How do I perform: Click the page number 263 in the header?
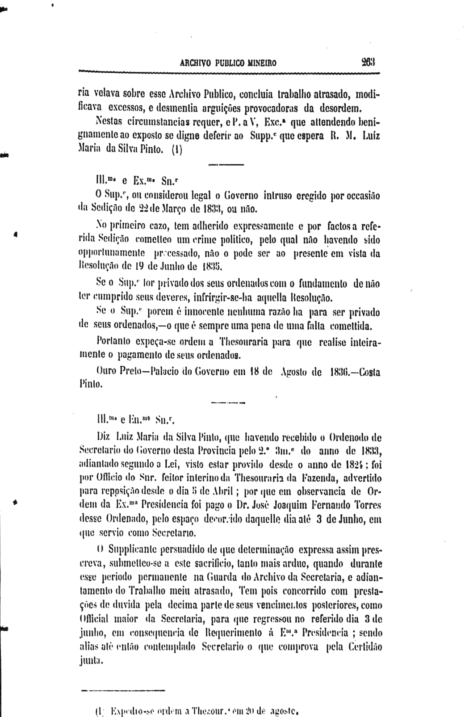tap(370, 63)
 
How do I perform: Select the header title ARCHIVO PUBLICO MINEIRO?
tap(228, 63)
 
